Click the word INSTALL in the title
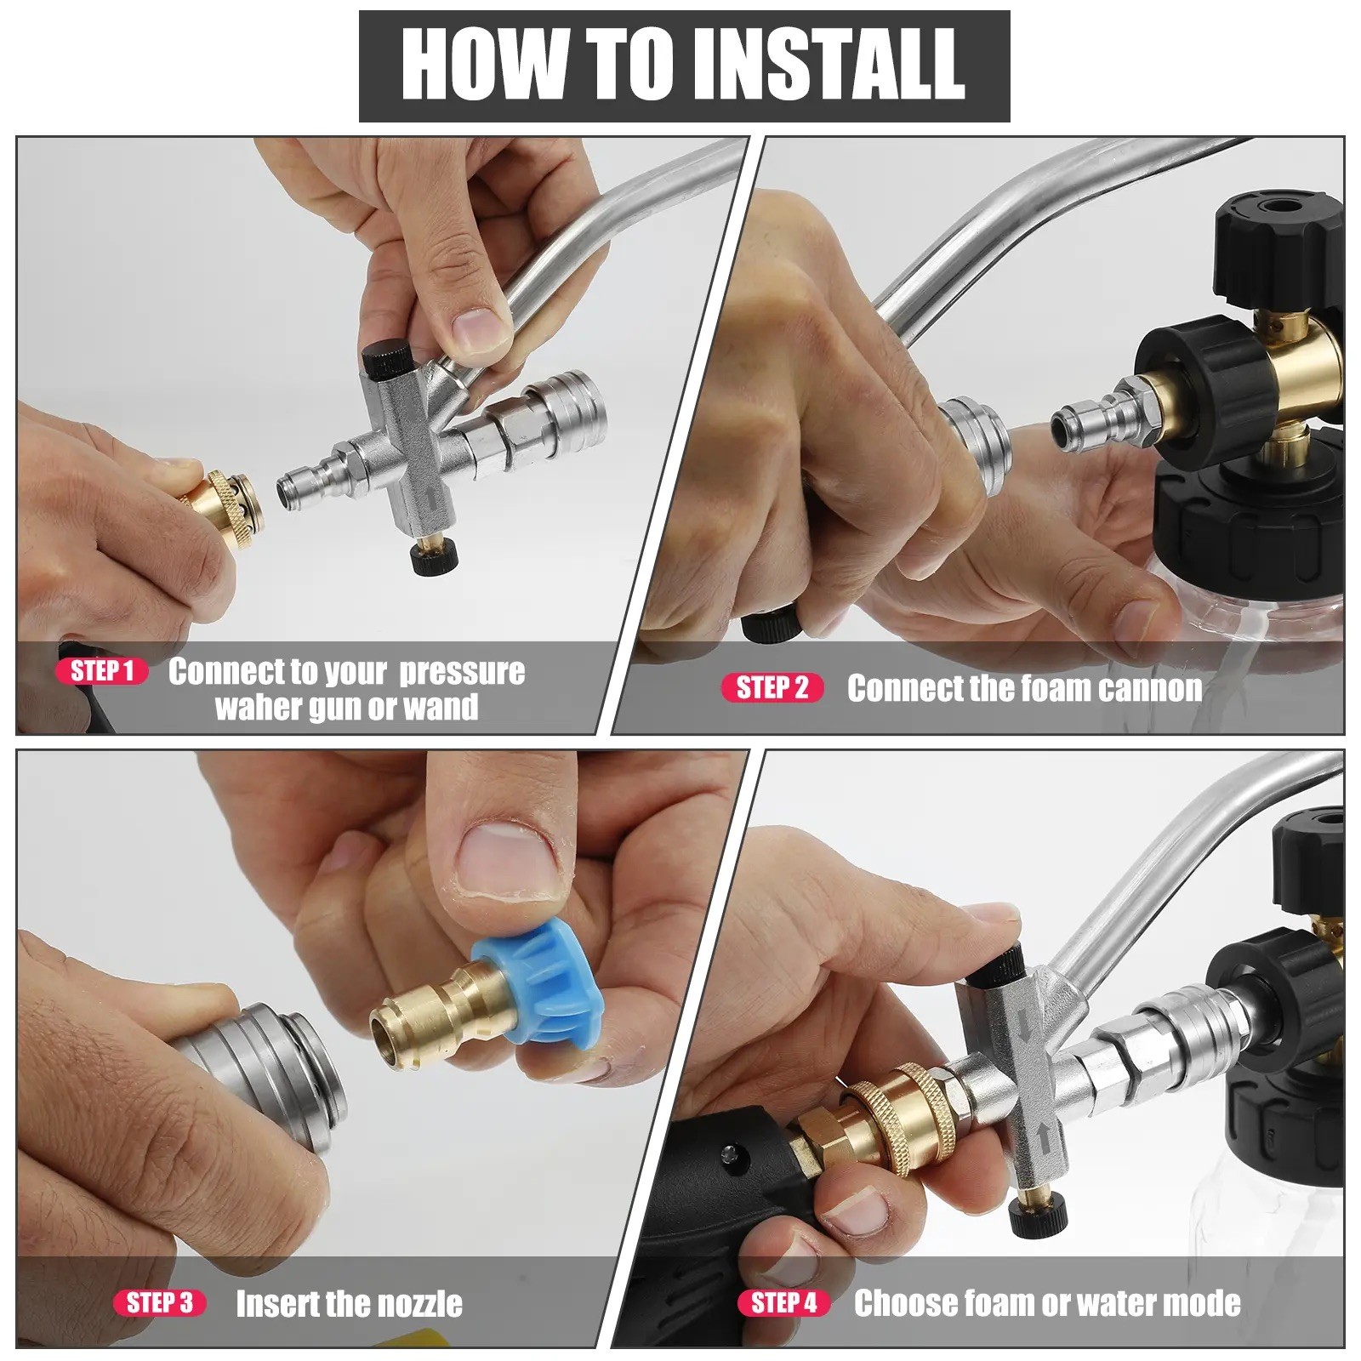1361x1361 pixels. (x=829, y=65)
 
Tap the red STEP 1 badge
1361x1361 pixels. (x=102, y=671)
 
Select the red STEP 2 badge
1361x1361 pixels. (x=772, y=687)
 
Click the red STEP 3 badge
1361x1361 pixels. (x=160, y=1302)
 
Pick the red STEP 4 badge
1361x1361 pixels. (x=784, y=1302)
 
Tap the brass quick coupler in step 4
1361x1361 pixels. (x=893, y=1114)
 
